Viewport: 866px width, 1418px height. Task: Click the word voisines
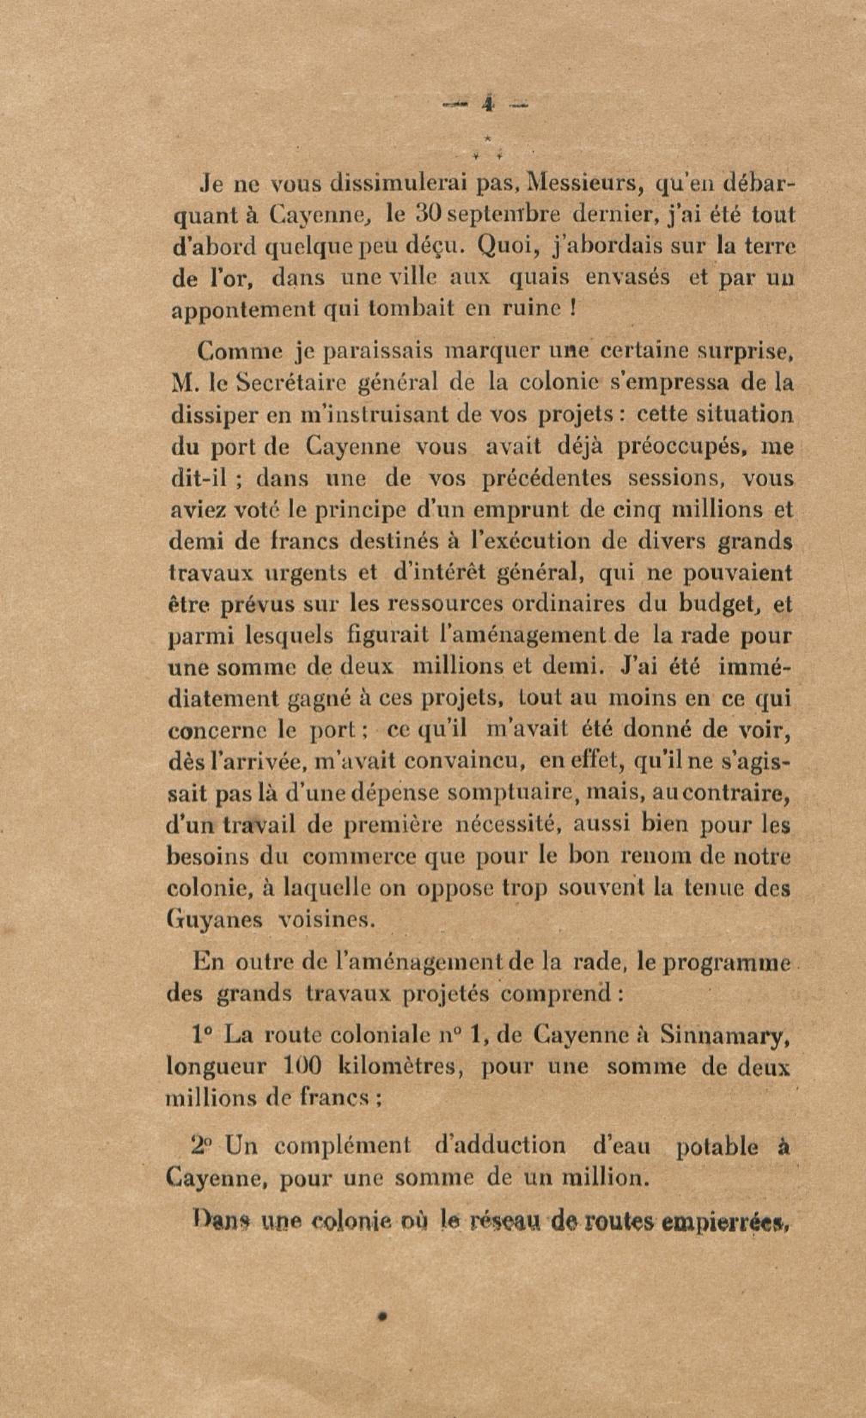tap(326, 920)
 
